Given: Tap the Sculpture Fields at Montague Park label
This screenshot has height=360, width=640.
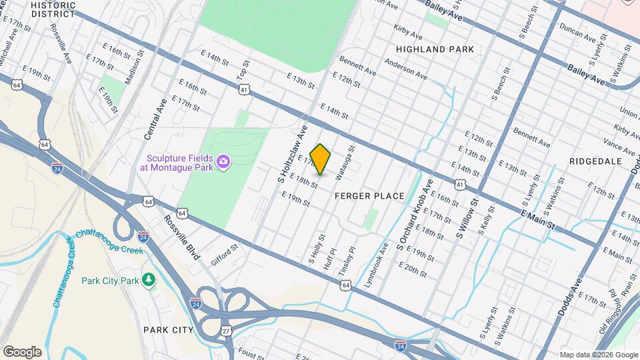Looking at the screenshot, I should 177,162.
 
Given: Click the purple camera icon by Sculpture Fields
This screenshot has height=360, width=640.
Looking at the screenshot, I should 223,161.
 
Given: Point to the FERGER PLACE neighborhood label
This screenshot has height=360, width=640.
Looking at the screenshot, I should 369,196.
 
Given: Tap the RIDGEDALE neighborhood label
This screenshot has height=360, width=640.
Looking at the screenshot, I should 596,161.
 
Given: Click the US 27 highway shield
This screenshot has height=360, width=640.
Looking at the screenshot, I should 227,331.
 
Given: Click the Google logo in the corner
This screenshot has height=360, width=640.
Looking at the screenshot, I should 23,351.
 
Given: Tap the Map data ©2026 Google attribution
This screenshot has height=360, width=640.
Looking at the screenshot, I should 598,355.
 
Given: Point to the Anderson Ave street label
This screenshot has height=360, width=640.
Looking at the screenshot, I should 405,67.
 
